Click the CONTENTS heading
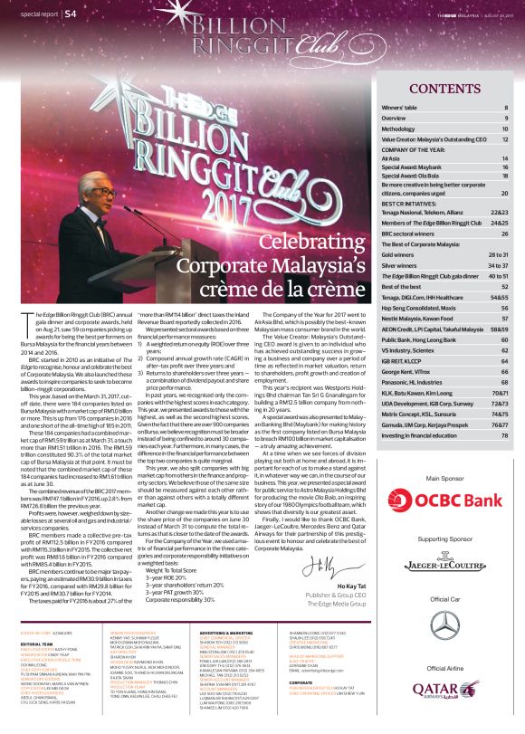444,88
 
